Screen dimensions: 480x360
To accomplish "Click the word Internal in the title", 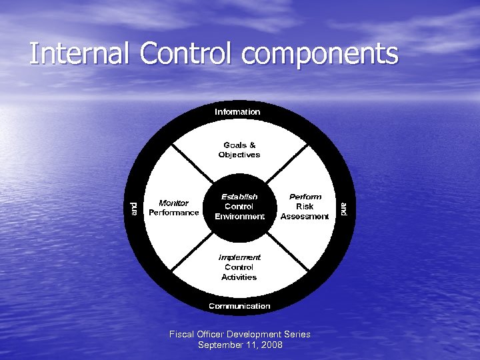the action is point(79,53).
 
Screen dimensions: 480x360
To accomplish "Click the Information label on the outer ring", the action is point(237,112).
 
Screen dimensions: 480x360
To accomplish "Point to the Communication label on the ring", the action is point(239,306).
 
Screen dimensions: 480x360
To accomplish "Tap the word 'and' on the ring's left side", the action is point(134,208).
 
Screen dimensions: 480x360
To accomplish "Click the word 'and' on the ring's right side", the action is point(343,208).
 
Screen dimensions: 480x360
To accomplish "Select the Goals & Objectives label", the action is point(239,150).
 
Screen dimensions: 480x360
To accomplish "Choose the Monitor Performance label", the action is point(173,208).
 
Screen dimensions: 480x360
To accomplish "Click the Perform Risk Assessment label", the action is point(305,207).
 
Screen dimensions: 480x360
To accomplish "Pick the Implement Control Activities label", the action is point(239,267).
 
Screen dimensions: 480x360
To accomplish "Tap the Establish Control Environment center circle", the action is point(239,207).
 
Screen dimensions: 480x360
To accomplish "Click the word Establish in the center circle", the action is point(239,197).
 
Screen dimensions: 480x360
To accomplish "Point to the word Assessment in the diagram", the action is point(305,217).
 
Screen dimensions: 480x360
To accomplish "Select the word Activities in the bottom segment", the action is point(239,277).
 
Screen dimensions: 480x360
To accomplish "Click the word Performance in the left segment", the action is point(173,213).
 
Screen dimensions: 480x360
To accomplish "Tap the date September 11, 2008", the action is point(240,345).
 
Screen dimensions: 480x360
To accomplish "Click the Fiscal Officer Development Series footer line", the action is point(240,334).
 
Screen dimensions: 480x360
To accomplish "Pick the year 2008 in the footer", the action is point(271,345).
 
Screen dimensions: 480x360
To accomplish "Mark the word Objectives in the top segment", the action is point(239,155).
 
